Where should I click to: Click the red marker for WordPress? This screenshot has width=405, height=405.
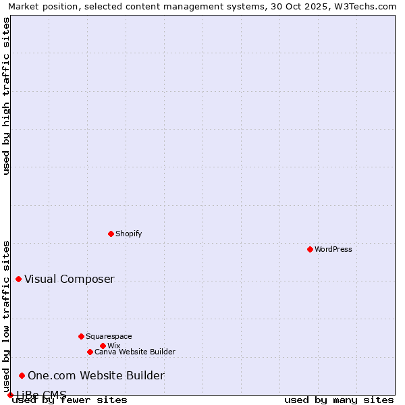pos(310,249)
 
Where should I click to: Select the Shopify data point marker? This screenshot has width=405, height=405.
pos(111,234)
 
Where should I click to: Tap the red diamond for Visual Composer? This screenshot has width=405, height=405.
pos(18,279)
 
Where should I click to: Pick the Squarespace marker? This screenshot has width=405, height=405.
pos(81,336)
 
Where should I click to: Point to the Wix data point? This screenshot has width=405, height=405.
pos(103,346)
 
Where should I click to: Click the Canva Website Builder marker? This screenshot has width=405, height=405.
pos(90,352)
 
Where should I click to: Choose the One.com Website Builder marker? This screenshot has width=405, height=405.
pos(22,375)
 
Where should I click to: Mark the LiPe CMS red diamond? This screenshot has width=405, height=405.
pos(10,395)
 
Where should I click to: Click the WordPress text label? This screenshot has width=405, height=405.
pos(333,249)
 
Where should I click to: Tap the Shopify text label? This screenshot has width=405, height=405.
pos(128,234)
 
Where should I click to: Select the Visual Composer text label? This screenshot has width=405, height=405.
pos(70,279)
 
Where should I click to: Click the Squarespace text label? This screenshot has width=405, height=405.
pos(109,336)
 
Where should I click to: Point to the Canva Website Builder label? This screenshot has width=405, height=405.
pos(135,352)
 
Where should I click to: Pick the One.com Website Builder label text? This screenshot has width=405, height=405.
pos(96,376)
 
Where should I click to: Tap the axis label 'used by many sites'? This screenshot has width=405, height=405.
pos(339,400)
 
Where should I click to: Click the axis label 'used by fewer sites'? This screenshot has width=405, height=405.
pos(70,400)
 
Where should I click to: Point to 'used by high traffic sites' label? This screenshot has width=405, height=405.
pos(6,96)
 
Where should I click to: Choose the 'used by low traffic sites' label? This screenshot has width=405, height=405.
pos(6,316)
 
